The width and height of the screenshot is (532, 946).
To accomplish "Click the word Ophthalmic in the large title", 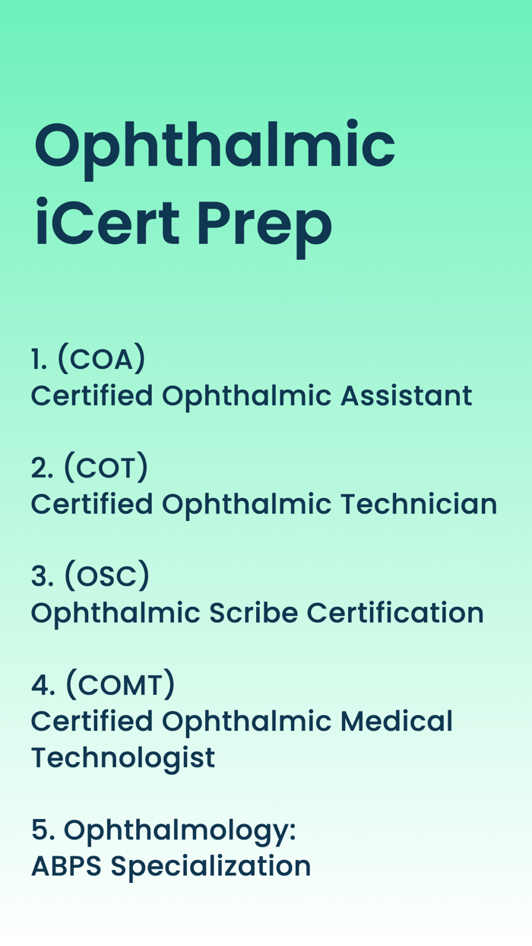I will coord(214,147).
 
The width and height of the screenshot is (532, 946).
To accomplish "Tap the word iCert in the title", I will coord(106,224).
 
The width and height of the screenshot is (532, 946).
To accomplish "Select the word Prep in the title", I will coord(264,224).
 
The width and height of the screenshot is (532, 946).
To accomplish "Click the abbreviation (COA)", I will coord(101,359).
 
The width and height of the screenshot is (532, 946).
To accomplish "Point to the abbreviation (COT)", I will coord(105,468).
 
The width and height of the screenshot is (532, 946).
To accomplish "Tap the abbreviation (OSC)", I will coord(106,576).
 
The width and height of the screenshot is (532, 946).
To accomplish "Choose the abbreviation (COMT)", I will coord(120,685).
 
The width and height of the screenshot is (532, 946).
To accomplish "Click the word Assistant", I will coord(406,395).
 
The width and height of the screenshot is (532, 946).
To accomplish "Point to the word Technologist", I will coord(122,757).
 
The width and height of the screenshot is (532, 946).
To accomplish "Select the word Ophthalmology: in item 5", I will coord(179,830).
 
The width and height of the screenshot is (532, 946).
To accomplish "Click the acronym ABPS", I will coord(66,866).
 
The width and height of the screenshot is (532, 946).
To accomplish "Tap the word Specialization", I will coord(211,866).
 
